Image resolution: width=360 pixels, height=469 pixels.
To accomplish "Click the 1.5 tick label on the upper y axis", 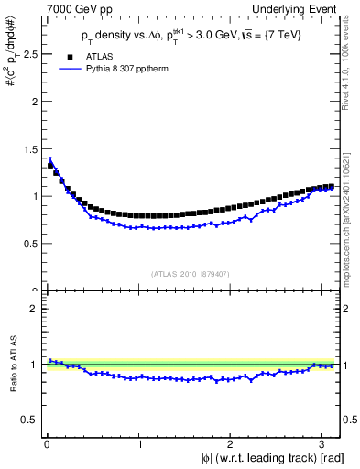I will [x=27, y=148].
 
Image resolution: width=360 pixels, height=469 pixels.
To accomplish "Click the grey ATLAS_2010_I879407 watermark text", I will [x=191, y=272].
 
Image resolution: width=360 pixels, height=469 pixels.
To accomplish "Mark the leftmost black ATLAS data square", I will [x=50, y=165].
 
